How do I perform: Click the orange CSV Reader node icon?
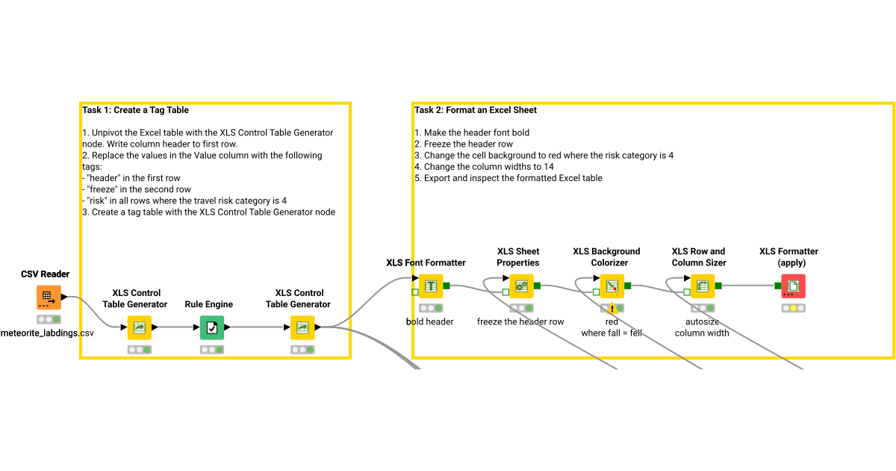(49, 297)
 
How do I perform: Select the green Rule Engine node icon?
(212, 327)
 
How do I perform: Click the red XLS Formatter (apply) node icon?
(793, 286)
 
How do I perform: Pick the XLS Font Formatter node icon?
(430, 286)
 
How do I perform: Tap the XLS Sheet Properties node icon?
(521, 286)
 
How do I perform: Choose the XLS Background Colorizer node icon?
(612, 286)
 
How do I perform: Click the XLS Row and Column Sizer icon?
(702, 286)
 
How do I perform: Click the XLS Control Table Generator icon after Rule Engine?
(302, 327)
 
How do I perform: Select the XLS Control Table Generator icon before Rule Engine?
(139, 327)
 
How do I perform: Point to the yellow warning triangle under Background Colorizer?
(612, 308)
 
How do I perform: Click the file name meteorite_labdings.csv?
(47, 332)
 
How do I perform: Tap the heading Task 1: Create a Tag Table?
(135, 110)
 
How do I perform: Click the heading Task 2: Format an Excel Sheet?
(476, 110)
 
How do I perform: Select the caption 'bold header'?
(429, 321)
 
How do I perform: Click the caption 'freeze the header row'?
(520, 321)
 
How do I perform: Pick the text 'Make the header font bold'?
(476, 132)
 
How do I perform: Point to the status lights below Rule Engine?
(212, 349)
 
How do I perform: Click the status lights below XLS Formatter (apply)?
(793, 308)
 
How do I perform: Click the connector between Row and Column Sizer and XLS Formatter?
(747, 286)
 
